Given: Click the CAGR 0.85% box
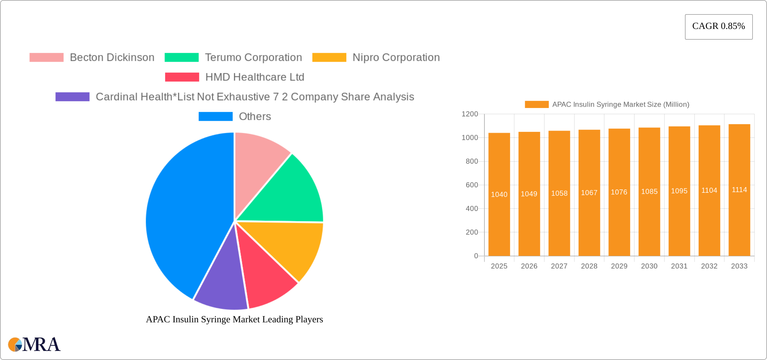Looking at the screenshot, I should pyautogui.click(x=719, y=27).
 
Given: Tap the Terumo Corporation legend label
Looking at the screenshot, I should pyautogui.click(x=253, y=58).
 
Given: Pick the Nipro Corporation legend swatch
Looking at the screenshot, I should pyautogui.click(x=329, y=58).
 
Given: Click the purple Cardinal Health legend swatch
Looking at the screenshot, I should pyautogui.click(x=72, y=97).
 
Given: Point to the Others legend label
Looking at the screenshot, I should pyautogui.click(x=255, y=116).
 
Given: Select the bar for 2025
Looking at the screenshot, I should pyautogui.click(x=499, y=219).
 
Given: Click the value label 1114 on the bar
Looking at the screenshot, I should pyautogui.click(x=739, y=190).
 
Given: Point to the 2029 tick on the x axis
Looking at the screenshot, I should pyautogui.click(x=619, y=266).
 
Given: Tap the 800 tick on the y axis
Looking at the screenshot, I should pyautogui.click(x=472, y=161).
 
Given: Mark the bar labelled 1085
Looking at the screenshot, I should pyautogui.click(x=649, y=219).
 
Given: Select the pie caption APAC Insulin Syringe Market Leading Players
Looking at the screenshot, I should pyautogui.click(x=234, y=319).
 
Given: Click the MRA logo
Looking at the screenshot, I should pyautogui.click(x=34, y=345).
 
